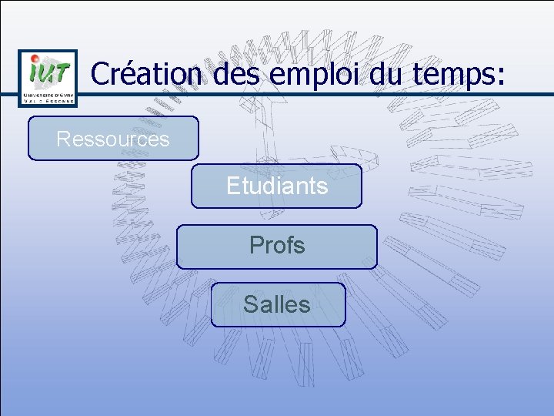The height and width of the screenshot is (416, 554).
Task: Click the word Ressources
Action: pyautogui.click(x=113, y=139)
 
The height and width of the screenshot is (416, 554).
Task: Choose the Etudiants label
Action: pyautogui.click(x=276, y=186)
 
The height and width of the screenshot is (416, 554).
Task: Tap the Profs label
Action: pyautogui.click(x=277, y=246)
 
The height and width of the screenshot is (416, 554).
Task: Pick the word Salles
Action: pyautogui.click(x=277, y=305)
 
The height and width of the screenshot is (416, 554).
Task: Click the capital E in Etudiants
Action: pyautogui.click(x=232, y=186)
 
